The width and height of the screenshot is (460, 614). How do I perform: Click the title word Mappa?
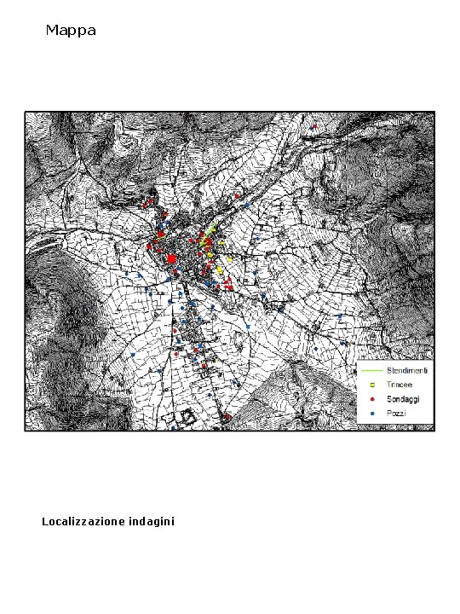(x=71, y=31)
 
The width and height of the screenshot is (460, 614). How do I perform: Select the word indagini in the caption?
(x=152, y=521)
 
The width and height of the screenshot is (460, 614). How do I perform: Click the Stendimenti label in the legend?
(x=408, y=371)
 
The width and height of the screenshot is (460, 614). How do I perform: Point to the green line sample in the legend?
(x=371, y=372)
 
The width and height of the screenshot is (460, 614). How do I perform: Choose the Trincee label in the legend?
(x=400, y=385)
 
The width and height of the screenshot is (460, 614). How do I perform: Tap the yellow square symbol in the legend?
(x=372, y=385)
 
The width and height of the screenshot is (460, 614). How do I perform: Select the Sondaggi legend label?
(x=404, y=398)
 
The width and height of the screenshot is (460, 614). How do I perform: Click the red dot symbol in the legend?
(x=372, y=399)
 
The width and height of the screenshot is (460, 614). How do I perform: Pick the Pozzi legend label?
(x=396, y=413)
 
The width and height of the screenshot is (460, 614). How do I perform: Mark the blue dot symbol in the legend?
(x=372, y=413)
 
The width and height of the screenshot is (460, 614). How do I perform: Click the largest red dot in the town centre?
(x=171, y=258)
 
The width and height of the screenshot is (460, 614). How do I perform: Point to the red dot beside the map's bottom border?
(x=227, y=418)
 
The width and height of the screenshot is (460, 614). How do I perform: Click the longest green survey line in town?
(x=209, y=232)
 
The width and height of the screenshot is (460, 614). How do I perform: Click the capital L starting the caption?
(x=45, y=521)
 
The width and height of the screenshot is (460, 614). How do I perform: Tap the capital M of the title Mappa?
(x=52, y=31)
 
